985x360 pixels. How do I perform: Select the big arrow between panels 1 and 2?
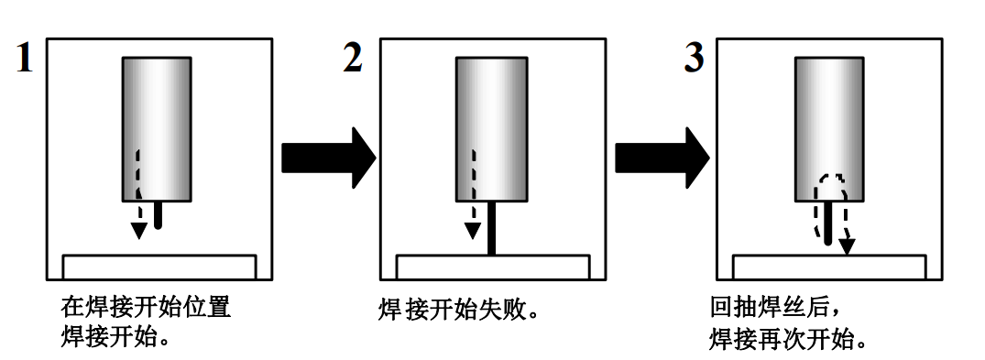click(327, 158)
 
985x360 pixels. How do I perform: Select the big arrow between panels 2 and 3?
click(661, 158)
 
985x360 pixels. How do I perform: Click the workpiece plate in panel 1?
click(159, 267)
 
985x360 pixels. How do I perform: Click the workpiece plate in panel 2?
click(492, 267)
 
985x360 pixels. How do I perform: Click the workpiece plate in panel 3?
click(830, 267)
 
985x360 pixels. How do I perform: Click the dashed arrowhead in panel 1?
click(137, 230)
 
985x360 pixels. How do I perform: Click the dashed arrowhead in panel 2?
click(472, 230)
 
